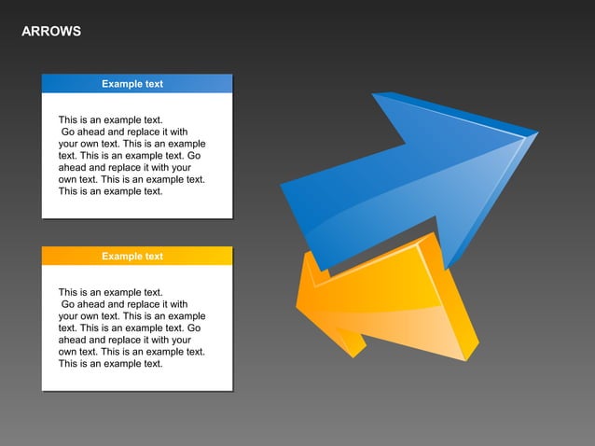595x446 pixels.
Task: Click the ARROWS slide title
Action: click(51, 32)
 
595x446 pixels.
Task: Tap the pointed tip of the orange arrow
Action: click(298, 304)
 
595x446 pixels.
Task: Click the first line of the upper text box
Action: click(110, 119)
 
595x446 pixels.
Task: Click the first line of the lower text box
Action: click(110, 292)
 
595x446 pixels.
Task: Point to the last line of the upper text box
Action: click(110, 191)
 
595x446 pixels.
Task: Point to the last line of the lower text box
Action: click(110, 364)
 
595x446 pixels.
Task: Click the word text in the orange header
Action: click(153, 257)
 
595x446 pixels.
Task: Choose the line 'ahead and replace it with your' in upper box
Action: click(124, 168)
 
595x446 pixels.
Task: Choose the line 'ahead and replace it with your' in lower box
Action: click(124, 341)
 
